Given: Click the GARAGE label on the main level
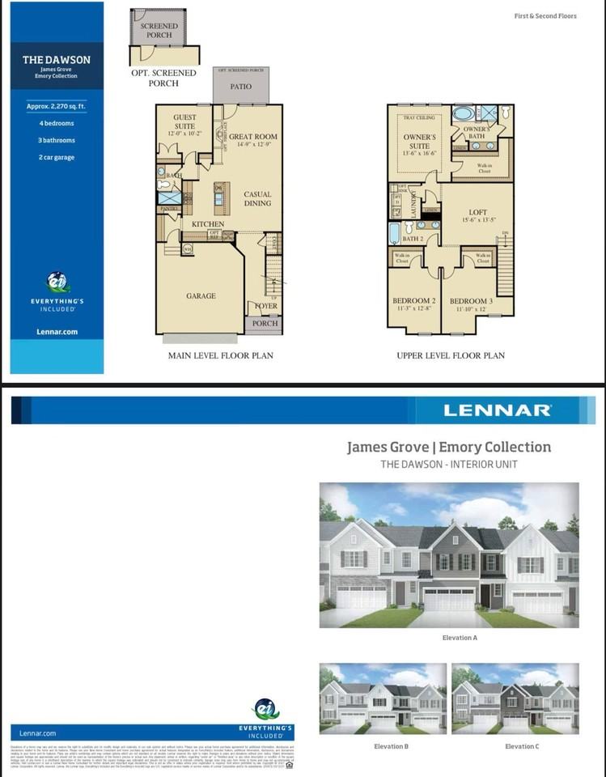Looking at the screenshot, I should click(x=201, y=296).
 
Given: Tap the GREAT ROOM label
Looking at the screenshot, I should click(x=252, y=137).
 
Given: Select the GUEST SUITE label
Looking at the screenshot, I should click(x=184, y=122).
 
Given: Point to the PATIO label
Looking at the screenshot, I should click(x=240, y=87).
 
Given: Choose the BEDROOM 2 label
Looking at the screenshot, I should click(x=413, y=301).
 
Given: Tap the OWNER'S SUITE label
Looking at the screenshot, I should click(x=419, y=142).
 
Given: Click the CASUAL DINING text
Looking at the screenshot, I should click(x=258, y=199).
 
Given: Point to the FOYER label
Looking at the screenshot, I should click(x=266, y=307).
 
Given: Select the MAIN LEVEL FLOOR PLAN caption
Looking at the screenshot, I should click(x=220, y=355).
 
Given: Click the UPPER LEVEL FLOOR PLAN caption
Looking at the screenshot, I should click(x=450, y=355).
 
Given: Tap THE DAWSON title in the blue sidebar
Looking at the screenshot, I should click(x=56, y=60).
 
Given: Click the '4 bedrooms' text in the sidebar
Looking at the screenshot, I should click(x=56, y=124).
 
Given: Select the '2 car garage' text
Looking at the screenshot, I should click(x=56, y=157).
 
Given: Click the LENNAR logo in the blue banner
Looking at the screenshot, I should click(x=497, y=410).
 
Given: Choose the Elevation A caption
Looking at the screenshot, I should click(x=460, y=638).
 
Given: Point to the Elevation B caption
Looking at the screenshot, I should click(x=391, y=746).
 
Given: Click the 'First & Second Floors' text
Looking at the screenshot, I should click(x=545, y=16).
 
